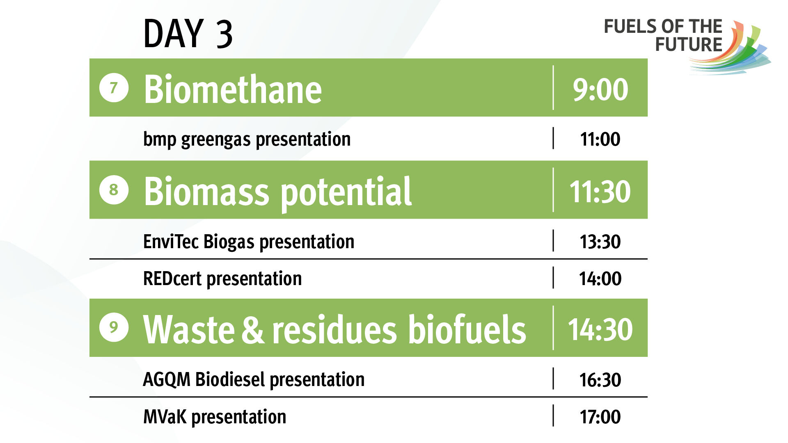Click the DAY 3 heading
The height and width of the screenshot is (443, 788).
[x=188, y=34]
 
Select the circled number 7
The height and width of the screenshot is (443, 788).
[x=114, y=87]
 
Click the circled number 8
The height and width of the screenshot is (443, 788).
[x=114, y=190]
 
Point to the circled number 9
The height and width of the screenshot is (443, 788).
[x=114, y=327]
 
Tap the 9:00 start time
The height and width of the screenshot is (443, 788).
[x=600, y=89]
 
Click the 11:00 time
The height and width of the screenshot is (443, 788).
[x=600, y=139]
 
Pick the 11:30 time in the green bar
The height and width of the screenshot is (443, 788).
[x=600, y=192]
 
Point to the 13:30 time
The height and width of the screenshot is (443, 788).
[x=600, y=242]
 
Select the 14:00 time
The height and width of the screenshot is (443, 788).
[x=600, y=279]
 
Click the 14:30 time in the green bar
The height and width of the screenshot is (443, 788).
[x=600, y=329]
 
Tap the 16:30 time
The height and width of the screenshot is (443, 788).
[x=600, y=380]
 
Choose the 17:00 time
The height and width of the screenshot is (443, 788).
[x=600, y=417]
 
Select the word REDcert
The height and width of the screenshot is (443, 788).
[x=172, y=279]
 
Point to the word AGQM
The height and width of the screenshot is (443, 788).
[x=167, y=380]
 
